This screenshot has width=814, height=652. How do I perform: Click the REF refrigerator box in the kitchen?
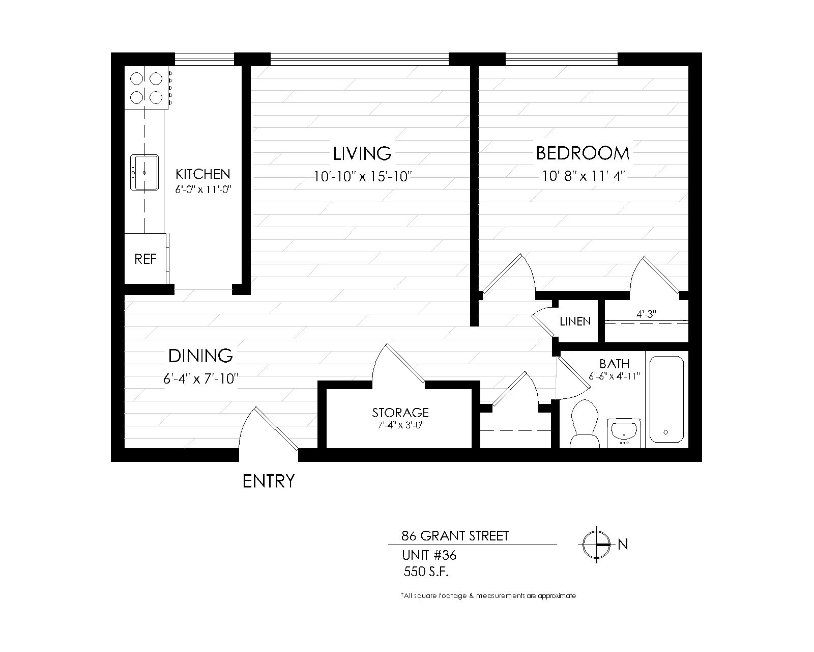pos(145,259)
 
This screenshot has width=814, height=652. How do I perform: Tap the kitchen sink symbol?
pos(145,173)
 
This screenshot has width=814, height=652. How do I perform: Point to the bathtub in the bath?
pos(666,399)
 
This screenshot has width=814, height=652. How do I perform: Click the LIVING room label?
pos(362,153)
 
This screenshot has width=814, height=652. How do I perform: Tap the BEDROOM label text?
pos(583,153)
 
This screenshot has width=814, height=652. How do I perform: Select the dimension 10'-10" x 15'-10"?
pos(362,177)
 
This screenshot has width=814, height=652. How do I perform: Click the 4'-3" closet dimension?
pos(646,314)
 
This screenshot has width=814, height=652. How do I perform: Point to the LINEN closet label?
pos(575,321)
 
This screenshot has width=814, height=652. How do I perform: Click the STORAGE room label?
pos(400,412)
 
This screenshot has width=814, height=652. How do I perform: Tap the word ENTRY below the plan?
pos(269,481)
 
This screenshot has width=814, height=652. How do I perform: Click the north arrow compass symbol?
pos(597,545)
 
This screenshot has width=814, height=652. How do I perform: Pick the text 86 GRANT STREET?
pos(455,536)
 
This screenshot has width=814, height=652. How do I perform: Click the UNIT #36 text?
pos(429,555)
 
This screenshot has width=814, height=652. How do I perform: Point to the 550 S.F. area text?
pos(426,572)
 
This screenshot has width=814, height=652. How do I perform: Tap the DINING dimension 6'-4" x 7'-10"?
pos(201,379)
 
